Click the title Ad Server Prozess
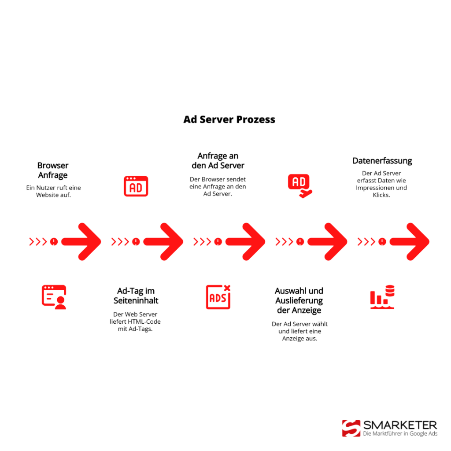pos(229,119)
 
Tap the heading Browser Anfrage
pos(53,170)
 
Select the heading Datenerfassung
pos(382,161)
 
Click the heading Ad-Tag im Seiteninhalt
pos(136,296)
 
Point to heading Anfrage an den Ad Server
pos(218,161)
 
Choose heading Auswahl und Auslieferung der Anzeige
pos(299,300)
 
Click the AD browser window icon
pos(136,186)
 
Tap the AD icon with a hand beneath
pos(299,185)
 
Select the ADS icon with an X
pos(218,296)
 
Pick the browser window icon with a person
pos(54,296)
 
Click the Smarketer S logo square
pos(351,428)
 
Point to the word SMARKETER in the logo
pos(400,425)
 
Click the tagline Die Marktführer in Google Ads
pos(400,434)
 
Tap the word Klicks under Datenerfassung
pos(381,195)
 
